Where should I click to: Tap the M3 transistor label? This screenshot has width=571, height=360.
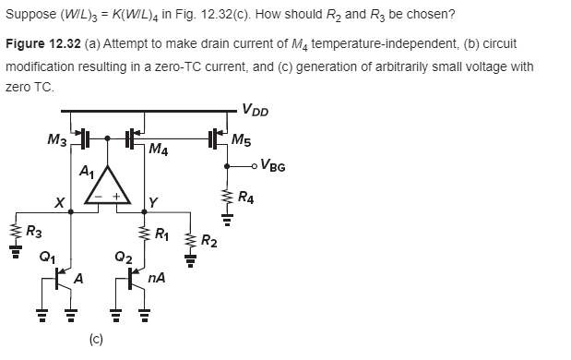pos(58,139)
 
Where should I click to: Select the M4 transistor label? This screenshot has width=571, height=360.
pos(158,149)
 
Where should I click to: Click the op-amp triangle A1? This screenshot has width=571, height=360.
pos(108,187)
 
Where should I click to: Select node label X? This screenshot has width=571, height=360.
pos(58,202)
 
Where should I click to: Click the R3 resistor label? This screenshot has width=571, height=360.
pos(32,231)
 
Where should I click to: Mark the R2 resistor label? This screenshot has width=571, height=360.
pos(208,243)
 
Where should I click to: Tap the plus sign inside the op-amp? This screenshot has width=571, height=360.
pos(116,197)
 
